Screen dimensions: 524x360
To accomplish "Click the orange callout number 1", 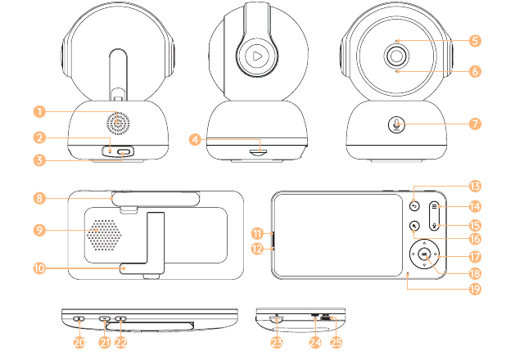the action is tap(39, 111).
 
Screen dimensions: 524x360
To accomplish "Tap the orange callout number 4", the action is tap(195, 139).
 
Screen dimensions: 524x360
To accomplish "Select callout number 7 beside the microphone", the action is tap(475, 124).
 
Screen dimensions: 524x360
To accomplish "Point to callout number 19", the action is tap(475, 289).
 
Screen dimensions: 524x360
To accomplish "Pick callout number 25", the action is tap(337, 342).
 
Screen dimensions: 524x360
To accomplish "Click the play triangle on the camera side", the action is tap(257, 56).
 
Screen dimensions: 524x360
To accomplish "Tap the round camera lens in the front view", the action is tap(396, 56).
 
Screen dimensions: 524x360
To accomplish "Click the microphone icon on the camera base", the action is tap(396, 124).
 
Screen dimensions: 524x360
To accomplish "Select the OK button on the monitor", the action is tap(424, 254).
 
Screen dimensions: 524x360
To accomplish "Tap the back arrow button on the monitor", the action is tap(414, 206).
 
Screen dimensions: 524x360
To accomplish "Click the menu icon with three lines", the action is tap(434, 206).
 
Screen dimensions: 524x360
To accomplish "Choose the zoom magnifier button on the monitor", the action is tap(414, 226).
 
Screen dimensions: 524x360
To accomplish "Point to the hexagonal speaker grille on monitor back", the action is tap(104, 235).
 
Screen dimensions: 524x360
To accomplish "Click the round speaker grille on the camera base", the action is tap(118, 123).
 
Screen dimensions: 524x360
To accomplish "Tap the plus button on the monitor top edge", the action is tap(120, 318).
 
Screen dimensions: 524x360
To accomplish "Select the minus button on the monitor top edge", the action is tap(105, 318).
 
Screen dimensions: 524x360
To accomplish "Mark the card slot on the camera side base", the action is tap(259, 152).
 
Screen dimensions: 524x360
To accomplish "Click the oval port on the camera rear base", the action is tap(124, 152).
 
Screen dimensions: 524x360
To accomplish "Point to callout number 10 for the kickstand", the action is tap(39, 268).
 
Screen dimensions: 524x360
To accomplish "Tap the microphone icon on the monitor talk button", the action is tap(434, 226).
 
